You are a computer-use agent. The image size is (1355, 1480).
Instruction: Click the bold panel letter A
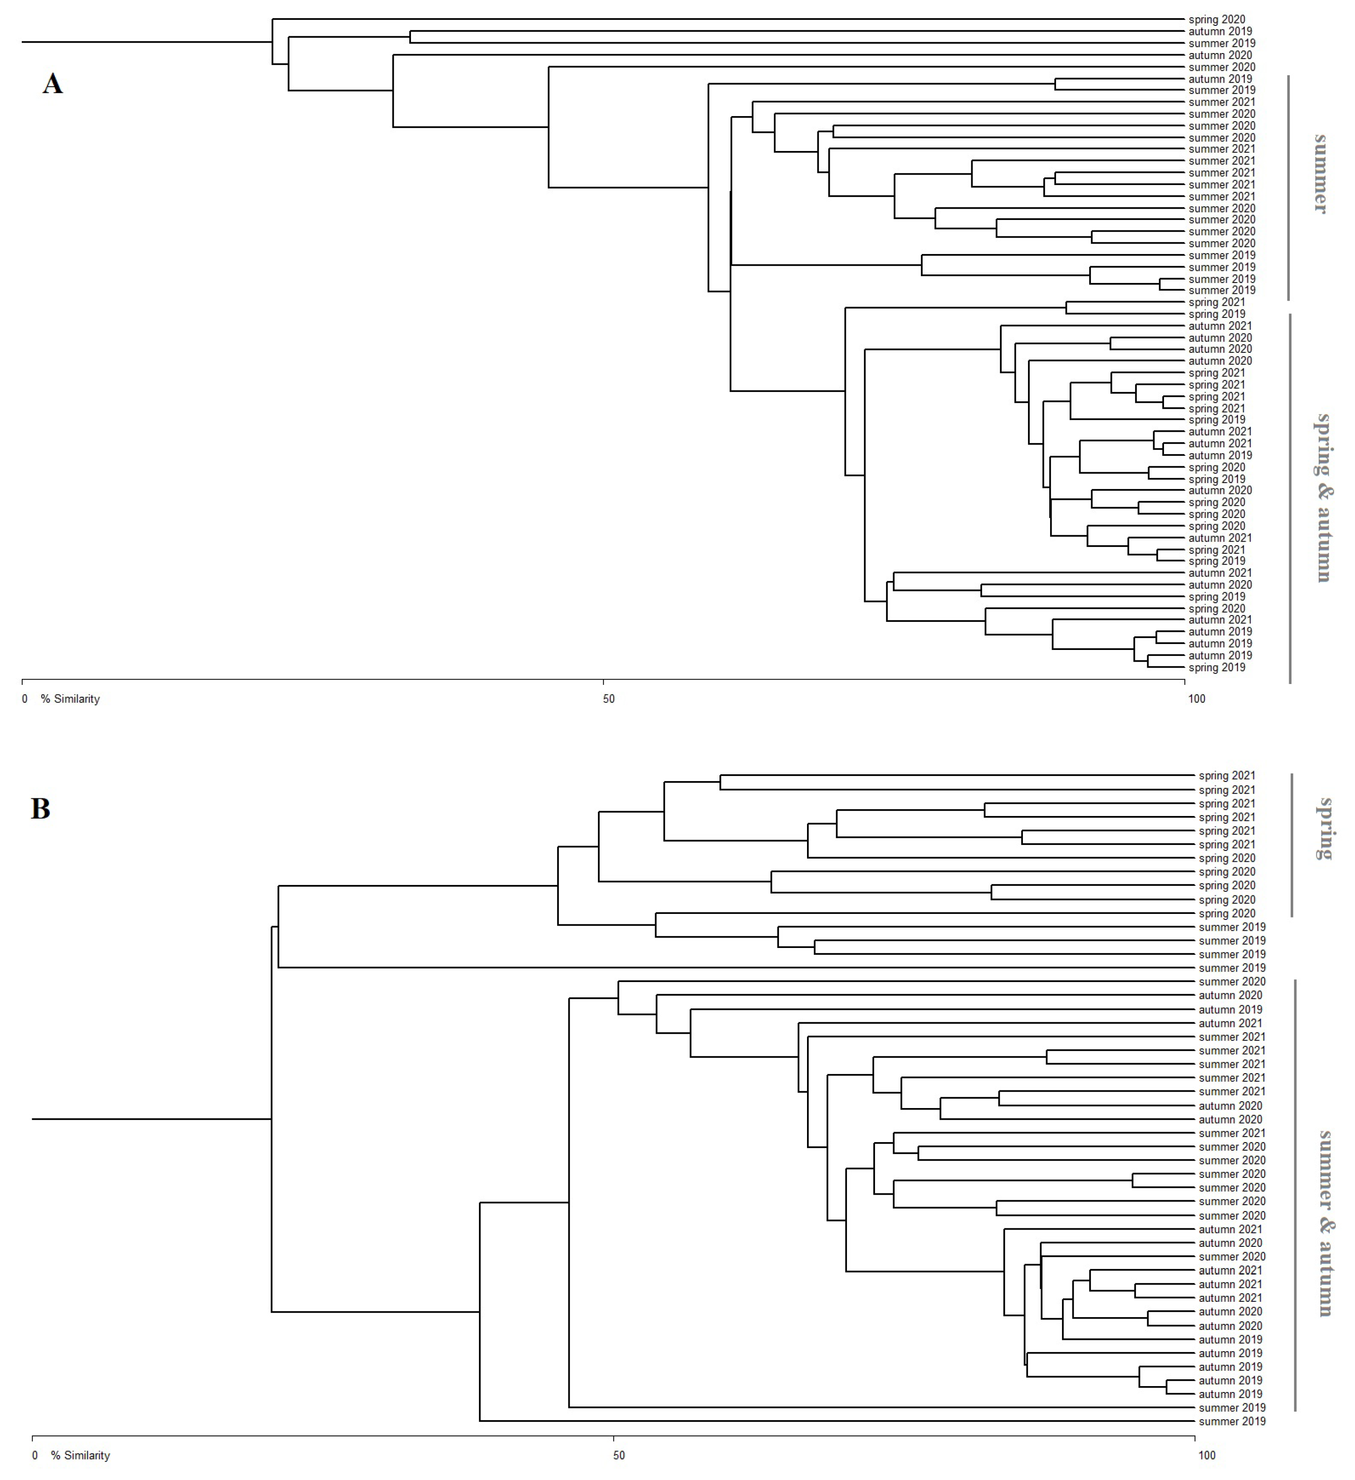click(52, 84)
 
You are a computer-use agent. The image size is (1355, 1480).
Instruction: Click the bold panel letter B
click(40, 808)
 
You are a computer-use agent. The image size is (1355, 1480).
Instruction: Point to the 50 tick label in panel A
click(609, 699)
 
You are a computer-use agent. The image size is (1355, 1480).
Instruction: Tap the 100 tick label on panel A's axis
click(1196, 699)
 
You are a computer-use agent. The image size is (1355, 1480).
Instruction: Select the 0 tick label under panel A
click(25, 699)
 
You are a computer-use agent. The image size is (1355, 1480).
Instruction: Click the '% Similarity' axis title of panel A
click(70, 699)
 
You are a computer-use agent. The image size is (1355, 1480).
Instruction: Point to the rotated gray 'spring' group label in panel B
click(1325, 829)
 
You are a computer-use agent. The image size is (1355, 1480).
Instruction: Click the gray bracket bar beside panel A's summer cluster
click(1288, 187)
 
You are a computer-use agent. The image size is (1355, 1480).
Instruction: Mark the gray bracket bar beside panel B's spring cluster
click(1292, 844)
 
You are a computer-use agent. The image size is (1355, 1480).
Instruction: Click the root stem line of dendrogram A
click(147, 42)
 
